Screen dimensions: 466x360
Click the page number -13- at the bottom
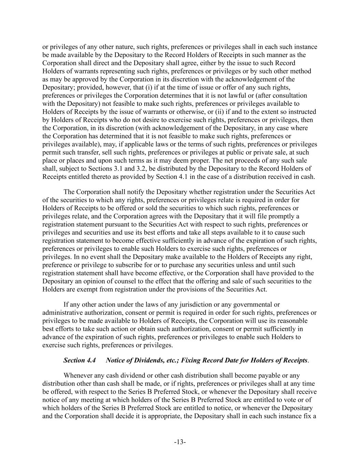[180, 442]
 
